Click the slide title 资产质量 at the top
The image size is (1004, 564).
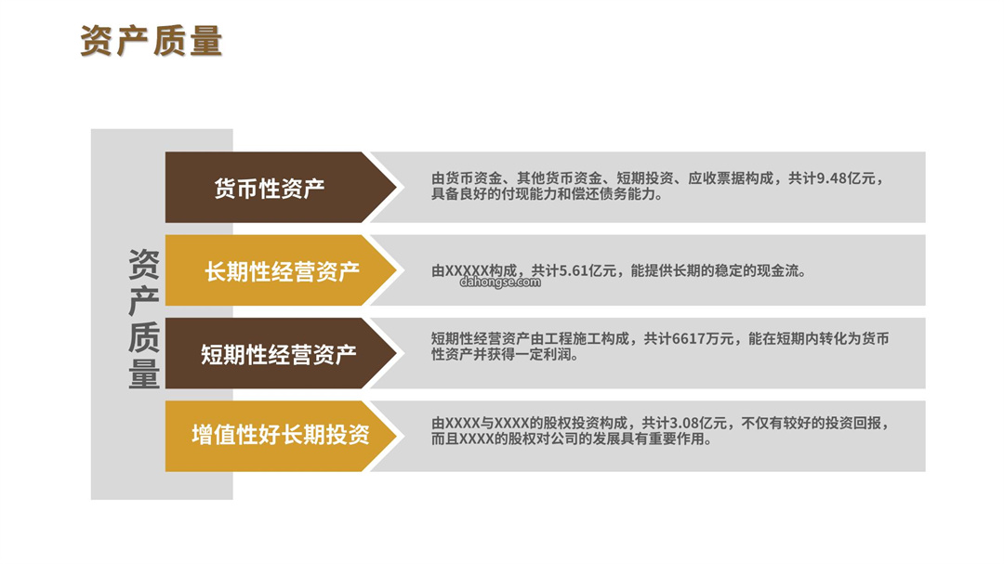[152, 41]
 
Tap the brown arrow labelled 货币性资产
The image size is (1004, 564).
[281, 187]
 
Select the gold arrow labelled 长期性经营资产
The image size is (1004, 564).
[281, 270]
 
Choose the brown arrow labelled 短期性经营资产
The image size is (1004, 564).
[281, 353]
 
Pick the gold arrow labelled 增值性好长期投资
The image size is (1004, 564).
[281, 436]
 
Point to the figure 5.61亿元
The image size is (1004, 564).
[588, 270]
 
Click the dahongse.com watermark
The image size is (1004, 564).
[500, 282]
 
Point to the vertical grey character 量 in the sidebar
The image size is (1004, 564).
[144, 374]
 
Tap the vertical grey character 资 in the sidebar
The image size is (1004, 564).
[144, 265]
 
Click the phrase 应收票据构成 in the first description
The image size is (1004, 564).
[731, 178]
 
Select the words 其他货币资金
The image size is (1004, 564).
[560, 178]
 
